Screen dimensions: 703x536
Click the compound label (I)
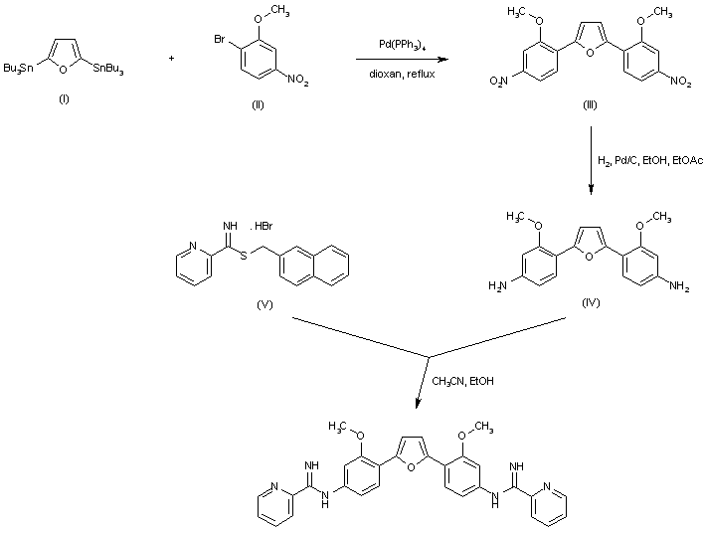(64, 99)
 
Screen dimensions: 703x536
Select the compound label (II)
(258, 105)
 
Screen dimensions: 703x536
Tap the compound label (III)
(590, 105)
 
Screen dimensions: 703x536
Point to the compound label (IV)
(591, 302)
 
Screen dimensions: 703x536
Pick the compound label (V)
(264, 305)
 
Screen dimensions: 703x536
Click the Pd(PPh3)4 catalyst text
(402, 46)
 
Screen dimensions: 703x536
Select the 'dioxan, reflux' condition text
(402, 74)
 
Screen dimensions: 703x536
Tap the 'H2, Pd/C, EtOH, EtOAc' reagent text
(650, 160)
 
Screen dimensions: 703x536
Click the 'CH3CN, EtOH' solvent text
(462, 381)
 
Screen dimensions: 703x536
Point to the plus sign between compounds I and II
(172, 58)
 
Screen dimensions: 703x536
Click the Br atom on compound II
(219, 40)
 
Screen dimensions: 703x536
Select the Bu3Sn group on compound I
(18, 69)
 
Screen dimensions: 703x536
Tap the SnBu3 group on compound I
(108, 69)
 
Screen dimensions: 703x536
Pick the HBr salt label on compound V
(263, 226)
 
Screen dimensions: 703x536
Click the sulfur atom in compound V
(244, 257)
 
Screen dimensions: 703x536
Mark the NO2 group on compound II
(297, 81)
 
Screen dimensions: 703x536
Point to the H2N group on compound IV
(497, 285)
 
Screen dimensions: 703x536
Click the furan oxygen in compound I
(64, 70)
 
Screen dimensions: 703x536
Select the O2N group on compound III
(498, 82)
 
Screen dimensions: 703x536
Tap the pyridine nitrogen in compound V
(193, 247)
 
